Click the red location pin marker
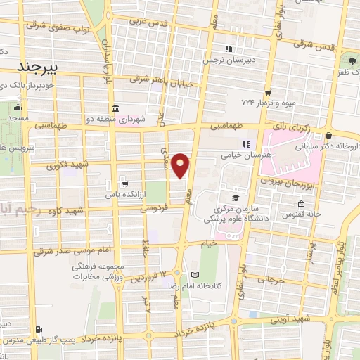181,165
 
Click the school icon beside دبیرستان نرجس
228,49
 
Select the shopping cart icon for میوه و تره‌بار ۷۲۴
268,91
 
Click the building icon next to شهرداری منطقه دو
115,108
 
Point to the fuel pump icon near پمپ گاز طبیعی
38,329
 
